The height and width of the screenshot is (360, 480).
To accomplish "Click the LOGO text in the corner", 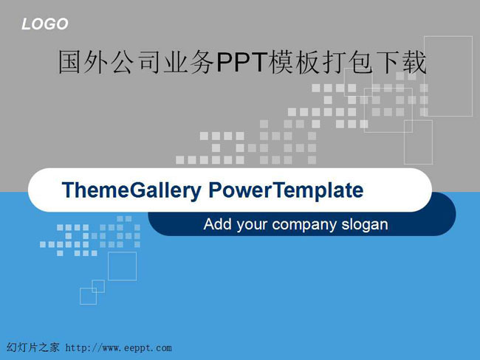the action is tap(45, 24).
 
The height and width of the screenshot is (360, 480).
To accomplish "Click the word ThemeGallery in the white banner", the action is tap(131, 190).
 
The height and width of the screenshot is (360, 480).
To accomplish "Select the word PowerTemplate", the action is tap(286, 190).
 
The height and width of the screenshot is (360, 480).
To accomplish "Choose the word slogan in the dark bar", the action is tap(365, 225).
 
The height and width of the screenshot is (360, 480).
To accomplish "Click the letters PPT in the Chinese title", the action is tap(241, 62).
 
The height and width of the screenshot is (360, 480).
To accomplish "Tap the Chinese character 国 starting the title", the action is tap(69, 62).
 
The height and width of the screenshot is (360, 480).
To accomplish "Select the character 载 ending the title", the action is tap(414, 62).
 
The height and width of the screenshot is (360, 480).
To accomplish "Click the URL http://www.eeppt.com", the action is tap(118, 347).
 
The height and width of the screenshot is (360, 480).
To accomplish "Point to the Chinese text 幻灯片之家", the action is tap(32, 347).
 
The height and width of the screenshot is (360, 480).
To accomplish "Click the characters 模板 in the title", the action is tap(294, 62).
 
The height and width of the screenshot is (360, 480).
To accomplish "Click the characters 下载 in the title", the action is tap(401, 62).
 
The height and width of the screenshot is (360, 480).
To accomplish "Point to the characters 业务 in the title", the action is tap(189, 62).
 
